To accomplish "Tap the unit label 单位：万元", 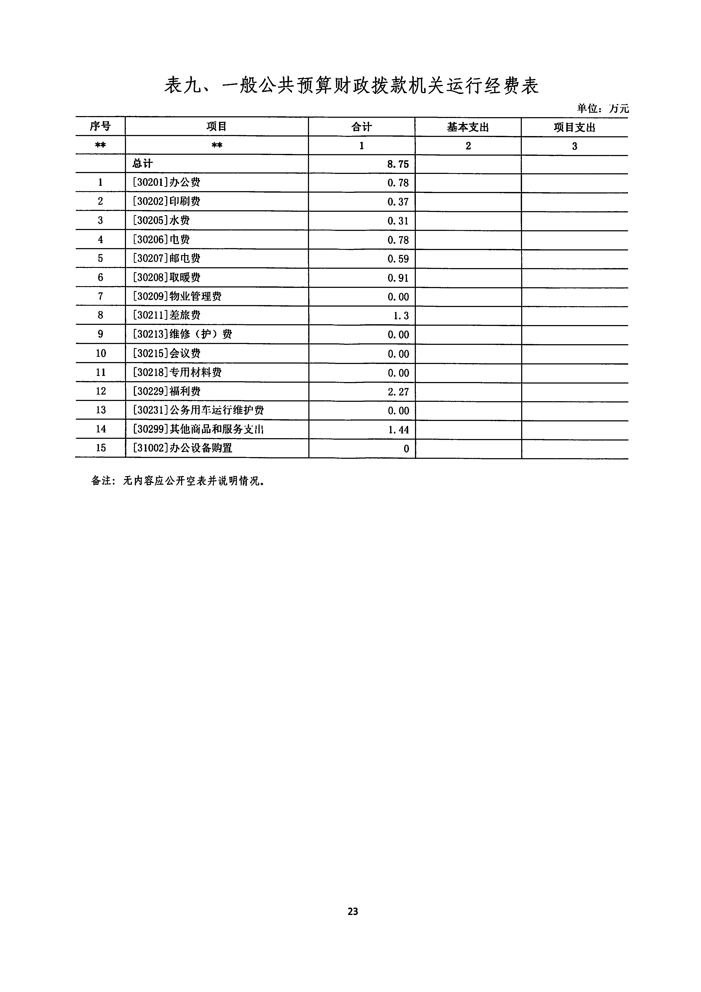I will pos(602,108).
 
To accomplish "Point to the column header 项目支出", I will pos(574,128).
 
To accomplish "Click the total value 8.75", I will pos(398,164).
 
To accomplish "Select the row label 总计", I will pos(143,164).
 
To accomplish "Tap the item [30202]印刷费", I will pos(166,201).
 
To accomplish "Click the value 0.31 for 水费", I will pos(398,221).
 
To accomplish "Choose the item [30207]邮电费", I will pos(166,258).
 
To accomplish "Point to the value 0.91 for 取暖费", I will pos(398,278).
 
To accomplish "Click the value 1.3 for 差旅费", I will pos(401,316).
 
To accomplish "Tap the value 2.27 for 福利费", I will pos(398,392).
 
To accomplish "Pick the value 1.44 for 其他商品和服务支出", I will pos(398,430).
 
